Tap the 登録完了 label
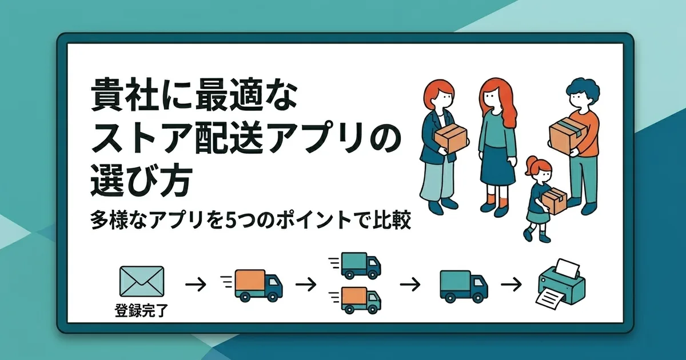(x=141, y=312)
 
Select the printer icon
(x=562, y=284)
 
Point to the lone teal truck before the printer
(x=463, y=285)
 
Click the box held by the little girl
(x=553, y=201)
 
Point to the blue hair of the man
(x=583, y=90)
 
